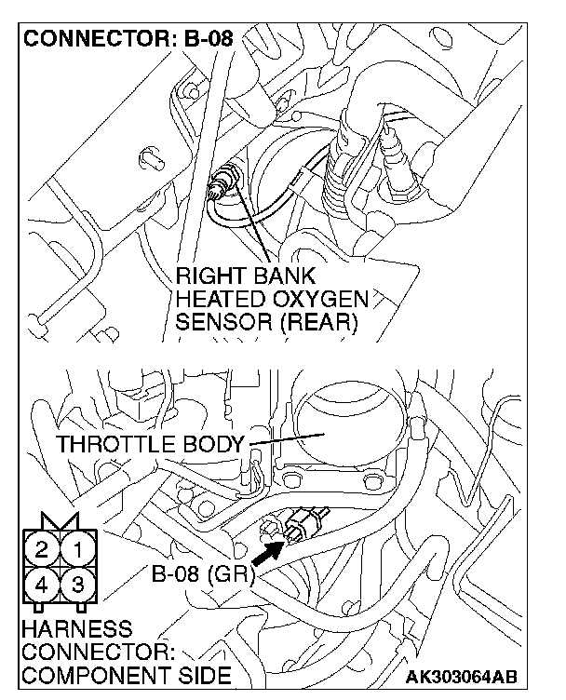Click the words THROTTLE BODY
point(152,444)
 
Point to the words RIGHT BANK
point(246,276)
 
